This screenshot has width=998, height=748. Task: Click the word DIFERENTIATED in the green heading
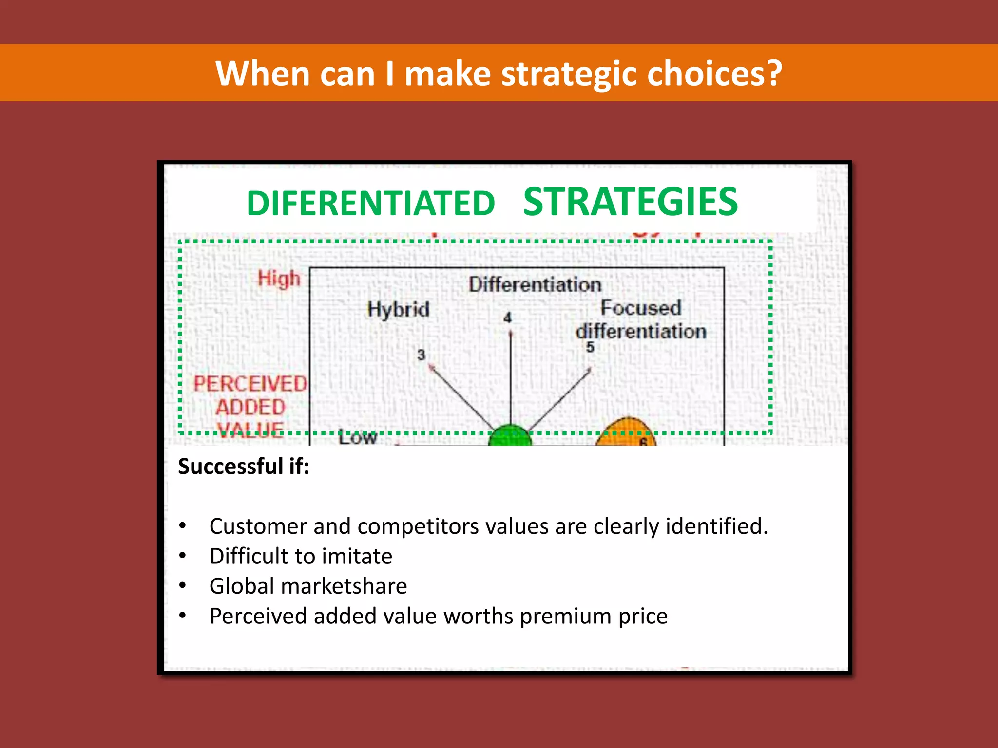[371, 203]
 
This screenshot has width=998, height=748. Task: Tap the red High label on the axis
[279, 279]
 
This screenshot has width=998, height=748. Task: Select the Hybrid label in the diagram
[398, 309]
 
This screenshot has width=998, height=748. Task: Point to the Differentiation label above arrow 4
[535, 285]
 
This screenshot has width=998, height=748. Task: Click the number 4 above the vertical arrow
[507, 318]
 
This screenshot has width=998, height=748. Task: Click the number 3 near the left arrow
[421, 355]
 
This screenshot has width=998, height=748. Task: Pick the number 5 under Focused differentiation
[590, 347]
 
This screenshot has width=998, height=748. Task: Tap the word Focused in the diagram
[640, 308]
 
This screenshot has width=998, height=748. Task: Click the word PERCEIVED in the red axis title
[250, 384]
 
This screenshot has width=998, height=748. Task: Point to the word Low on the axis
[358, 437]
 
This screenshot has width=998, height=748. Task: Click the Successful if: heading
[244, 466]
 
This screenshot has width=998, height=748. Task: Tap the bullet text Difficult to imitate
[301, 556]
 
